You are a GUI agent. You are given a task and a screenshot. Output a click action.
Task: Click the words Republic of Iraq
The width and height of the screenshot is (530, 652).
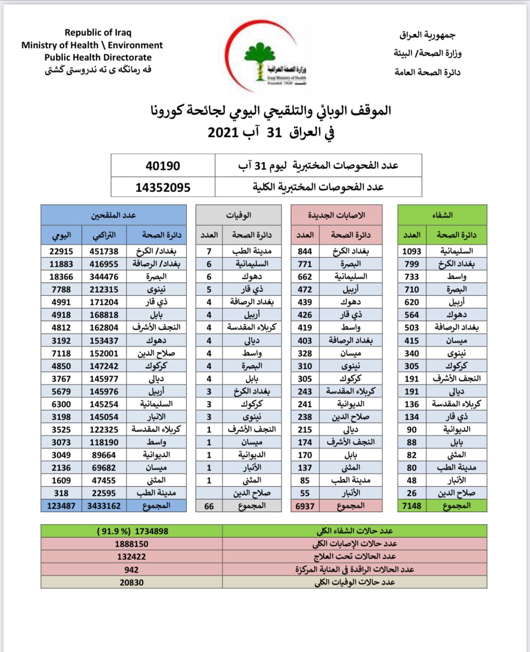pos(98,32)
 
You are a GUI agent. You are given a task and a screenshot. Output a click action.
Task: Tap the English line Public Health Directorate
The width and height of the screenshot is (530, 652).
pos(98,57)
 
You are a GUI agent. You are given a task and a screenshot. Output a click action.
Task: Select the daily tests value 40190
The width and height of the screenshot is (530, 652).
pos(163,166)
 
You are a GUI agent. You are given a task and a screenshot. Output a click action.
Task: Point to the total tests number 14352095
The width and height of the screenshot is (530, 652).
pos(163,188)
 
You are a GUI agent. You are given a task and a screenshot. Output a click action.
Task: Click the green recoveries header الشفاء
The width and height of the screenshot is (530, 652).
pos(442,215)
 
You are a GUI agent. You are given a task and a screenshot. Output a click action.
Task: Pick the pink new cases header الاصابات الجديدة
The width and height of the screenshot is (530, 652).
pos(336,215)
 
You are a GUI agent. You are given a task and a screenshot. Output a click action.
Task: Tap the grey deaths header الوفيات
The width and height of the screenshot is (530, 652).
pos(238,215)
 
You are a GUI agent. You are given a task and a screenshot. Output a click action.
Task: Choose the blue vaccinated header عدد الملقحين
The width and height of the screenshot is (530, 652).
pos(114,215)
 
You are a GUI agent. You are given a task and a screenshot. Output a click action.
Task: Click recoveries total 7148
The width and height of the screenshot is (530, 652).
pos(412,506)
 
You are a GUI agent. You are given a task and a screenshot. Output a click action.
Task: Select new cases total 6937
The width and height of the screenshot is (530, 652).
pos(305,506)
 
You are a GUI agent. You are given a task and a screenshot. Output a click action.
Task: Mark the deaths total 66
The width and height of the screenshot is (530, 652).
pos(209,506)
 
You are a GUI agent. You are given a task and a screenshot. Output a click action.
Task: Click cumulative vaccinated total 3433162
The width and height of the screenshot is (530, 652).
pos(104,506)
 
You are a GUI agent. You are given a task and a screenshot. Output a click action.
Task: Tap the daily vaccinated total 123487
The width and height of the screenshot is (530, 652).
pos(61,506)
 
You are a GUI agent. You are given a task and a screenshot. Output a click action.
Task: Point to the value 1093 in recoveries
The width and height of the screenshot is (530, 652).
pos(412,251)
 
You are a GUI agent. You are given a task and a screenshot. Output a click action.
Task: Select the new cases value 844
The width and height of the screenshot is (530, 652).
pos(305,251)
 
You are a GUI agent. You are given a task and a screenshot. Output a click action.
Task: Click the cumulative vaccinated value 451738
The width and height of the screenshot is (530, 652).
pos(104,251)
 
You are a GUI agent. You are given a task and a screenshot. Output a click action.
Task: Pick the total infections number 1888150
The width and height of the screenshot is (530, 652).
pos(131,544)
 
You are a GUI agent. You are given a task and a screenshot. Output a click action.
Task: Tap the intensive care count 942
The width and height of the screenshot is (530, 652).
pos(131,570)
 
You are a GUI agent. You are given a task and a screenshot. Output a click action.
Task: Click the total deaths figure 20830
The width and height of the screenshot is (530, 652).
pos(131,582)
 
